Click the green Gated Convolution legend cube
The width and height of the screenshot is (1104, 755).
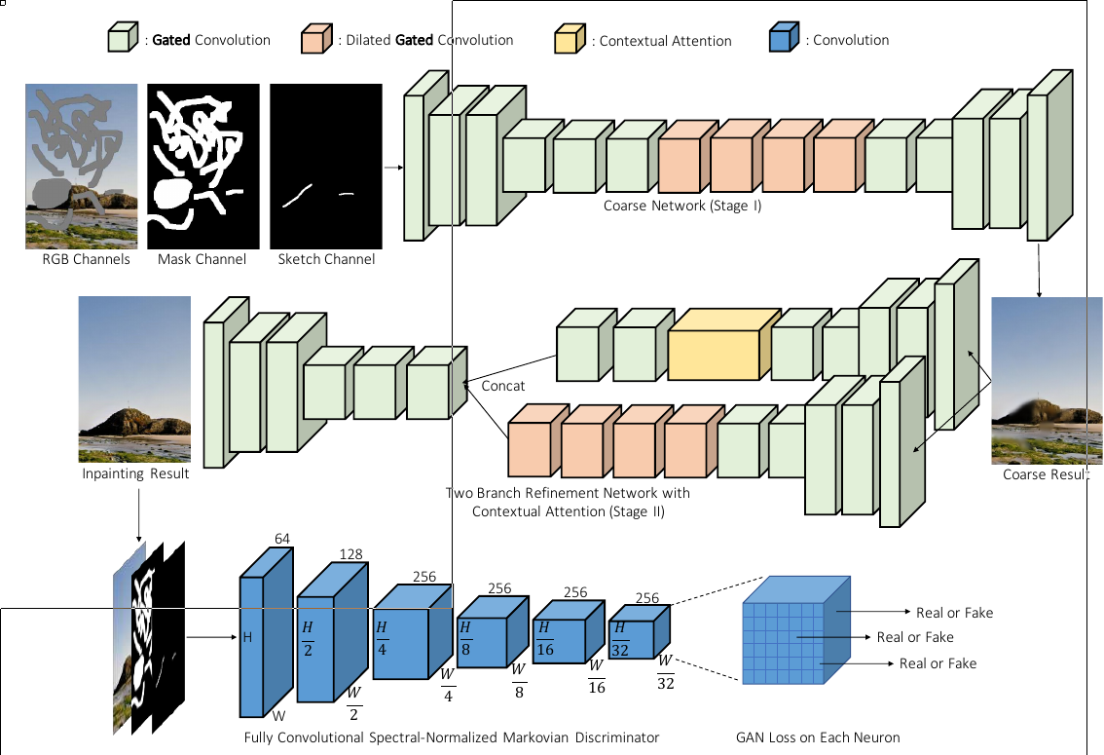tap(119, 39)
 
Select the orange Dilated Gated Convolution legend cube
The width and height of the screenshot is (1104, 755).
tap(313, 40)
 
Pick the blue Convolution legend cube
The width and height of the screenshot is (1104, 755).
tap(783, 39)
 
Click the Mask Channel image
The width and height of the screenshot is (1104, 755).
tap(202, 166)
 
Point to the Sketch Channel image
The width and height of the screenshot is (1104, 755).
tap(325, 166)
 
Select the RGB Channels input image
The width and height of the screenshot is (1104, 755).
tap(81, 166)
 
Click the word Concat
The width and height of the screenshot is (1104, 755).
tap(503, 387)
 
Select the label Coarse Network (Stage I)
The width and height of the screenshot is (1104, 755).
tap(681, 206)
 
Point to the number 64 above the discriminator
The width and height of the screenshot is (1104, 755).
tap(283, 539)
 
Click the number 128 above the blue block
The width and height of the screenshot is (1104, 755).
tap(350, 554)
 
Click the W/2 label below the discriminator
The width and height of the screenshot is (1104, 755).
tap(353, 703)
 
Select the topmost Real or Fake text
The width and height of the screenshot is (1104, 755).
tap(954, 613)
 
